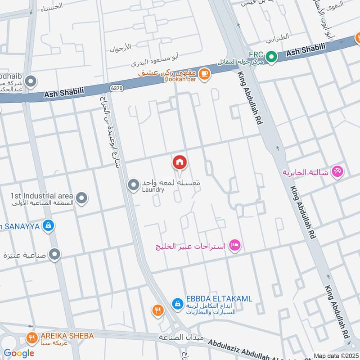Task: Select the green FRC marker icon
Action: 271,57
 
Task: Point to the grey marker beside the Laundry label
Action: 133,185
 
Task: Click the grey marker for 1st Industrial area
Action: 81,198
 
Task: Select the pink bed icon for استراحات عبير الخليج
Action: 235,245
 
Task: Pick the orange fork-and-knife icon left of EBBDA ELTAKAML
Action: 157,310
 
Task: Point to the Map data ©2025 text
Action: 336,355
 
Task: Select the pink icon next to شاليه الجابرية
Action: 337,171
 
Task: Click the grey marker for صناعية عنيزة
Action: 55,255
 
